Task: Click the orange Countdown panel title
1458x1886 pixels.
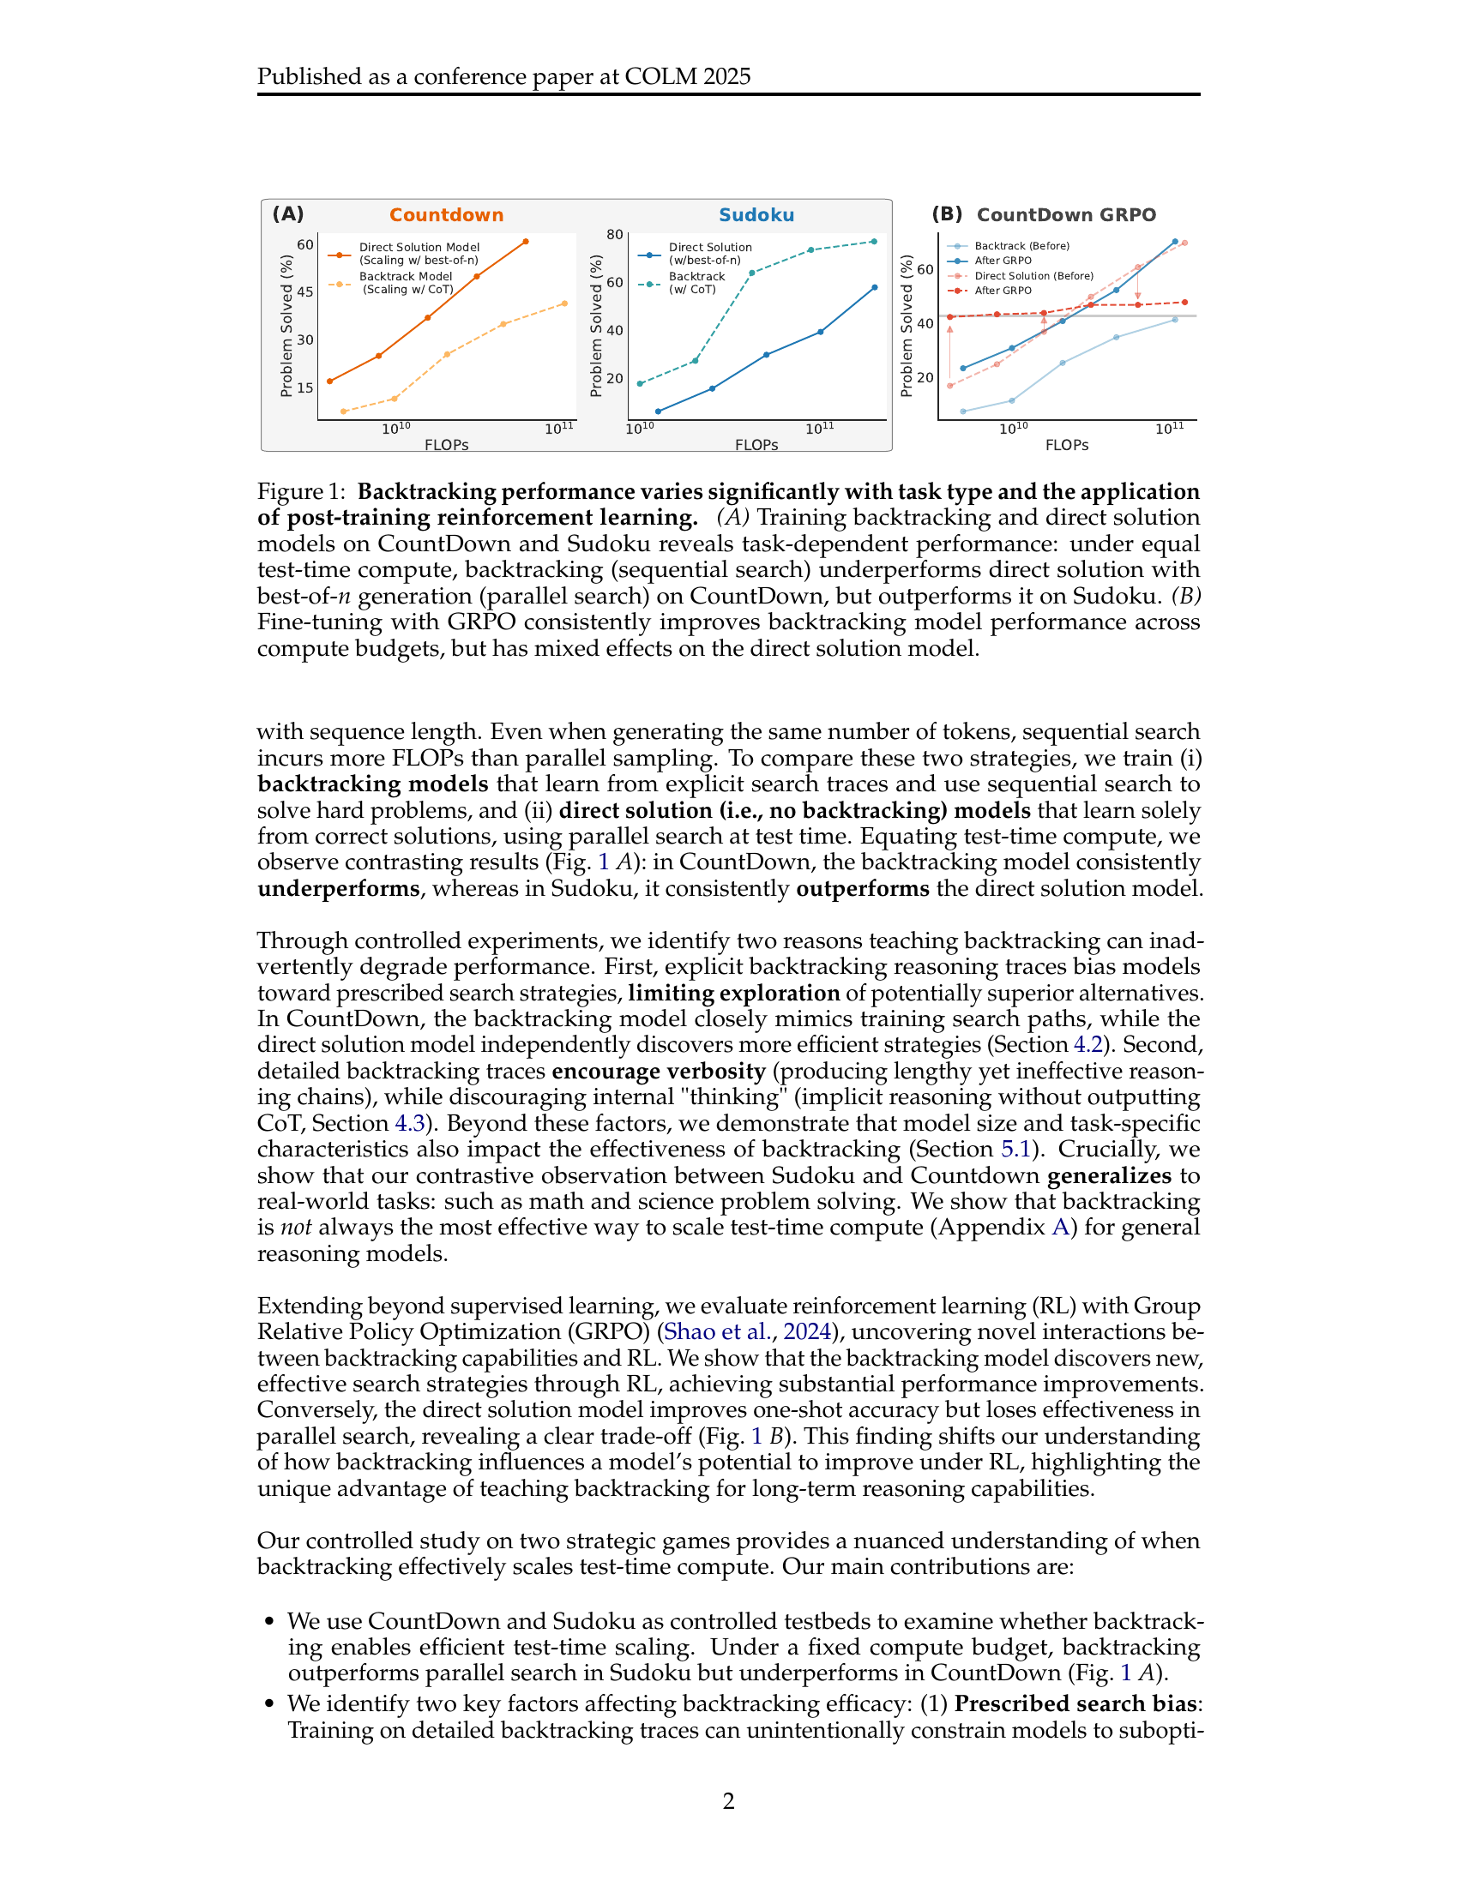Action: click(446, 215)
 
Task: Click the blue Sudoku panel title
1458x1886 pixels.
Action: click(756, 215)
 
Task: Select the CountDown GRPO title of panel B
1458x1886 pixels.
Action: click(1065, 215)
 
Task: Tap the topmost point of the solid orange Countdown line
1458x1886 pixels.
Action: click(526, 242)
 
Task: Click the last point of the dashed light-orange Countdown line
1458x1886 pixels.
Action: click(565, 303)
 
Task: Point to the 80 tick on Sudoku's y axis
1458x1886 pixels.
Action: click(614, 234)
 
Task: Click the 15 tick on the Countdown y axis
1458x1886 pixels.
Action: click(305, 387)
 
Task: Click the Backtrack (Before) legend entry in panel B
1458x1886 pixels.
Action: click(1021, 246)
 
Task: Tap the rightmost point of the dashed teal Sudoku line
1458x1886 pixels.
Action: click(874, 242)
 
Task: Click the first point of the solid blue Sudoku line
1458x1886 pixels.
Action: click(658, 411)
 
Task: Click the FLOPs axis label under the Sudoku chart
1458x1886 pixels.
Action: click(756, 445)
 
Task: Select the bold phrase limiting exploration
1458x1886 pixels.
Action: click(733, 992)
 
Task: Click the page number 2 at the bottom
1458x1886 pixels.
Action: click(728, 1800)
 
